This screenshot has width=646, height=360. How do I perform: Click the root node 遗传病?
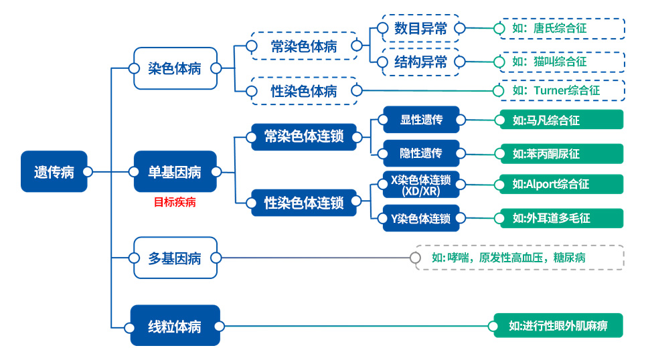(54, 172)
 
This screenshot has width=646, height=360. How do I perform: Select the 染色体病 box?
(175, 68)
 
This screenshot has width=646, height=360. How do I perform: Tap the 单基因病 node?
(175, 172)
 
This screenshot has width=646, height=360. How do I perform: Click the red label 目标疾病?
(175, 202)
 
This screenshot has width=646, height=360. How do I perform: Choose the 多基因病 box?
(175, 258)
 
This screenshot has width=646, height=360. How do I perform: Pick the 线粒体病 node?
(175, 326)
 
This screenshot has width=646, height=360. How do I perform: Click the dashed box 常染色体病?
(304, 46)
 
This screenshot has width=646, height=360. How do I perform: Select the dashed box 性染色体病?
(304, 91)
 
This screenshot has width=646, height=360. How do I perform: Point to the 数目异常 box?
(420, 28)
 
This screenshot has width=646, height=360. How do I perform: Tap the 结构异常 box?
(420, 62)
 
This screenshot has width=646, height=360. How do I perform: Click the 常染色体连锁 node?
(304, 137)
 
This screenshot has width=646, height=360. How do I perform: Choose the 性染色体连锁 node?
(304, 202)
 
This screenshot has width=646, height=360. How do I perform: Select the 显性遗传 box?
(421, 120)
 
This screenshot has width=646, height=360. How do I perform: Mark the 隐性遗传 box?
(421, 153)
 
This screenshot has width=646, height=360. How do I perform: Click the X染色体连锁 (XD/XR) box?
(421, 185)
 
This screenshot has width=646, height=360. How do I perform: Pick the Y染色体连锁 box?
(421, 218)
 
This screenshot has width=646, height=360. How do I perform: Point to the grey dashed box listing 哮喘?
(519, 258)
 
